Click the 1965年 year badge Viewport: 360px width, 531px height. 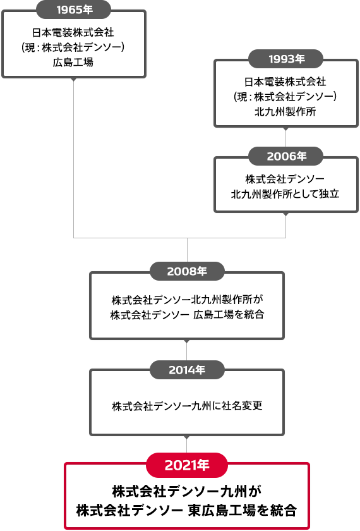click(x=74, y=9)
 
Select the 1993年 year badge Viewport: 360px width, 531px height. click(x=286, y=59)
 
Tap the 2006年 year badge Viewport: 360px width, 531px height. click(x=286, y=156)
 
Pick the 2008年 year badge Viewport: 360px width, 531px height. click(x=187, y=271)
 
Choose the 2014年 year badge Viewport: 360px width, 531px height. click(x=187, y=369)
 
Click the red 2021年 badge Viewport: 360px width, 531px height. click(x=187, y=465)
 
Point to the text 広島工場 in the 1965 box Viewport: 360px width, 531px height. click(x=73, y=63)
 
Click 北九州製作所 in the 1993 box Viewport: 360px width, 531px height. click(x=285, y=112)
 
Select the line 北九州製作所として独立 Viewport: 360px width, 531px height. click(x=285, y=194)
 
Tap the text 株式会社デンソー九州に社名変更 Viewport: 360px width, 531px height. click(x=187, y=406)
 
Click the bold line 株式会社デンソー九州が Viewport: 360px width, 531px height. click(x=187, y=492)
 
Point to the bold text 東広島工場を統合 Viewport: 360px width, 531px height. click(x=243, y=510)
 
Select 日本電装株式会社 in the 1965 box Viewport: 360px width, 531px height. click(x=73, y=32)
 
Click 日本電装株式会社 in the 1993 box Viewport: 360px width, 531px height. click(x=285, y=82)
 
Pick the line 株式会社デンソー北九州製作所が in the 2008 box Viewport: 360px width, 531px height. click(x=187, y=300)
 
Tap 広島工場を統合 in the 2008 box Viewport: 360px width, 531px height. click(x=229, y=315)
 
